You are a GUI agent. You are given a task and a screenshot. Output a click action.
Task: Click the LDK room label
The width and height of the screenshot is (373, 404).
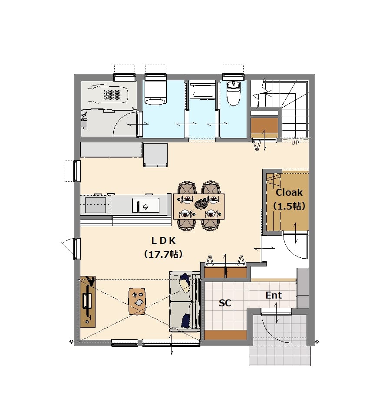163,241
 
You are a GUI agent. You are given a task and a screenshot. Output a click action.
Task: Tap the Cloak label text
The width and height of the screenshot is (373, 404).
289,192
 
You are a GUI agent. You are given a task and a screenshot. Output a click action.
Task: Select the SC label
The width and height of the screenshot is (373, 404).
225,303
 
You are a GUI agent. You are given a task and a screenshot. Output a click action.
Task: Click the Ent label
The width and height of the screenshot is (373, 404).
274,295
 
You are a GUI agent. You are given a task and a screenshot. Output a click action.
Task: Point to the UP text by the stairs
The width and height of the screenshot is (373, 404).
295,142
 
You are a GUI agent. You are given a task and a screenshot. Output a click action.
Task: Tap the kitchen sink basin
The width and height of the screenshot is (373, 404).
145,205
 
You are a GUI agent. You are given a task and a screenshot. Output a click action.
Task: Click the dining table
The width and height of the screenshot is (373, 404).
199,207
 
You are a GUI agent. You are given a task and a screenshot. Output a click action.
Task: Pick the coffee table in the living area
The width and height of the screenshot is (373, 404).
137,301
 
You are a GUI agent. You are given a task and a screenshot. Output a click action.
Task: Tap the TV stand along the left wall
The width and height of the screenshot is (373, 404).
88,302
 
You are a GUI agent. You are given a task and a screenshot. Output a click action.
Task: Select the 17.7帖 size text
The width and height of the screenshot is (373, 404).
163,254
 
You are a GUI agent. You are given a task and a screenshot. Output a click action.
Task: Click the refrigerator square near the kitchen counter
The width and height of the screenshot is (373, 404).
155,155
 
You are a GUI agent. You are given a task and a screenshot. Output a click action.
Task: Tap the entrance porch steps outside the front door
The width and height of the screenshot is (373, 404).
280,356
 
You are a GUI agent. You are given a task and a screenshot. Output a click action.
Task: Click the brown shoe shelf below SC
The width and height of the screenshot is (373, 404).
225,335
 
